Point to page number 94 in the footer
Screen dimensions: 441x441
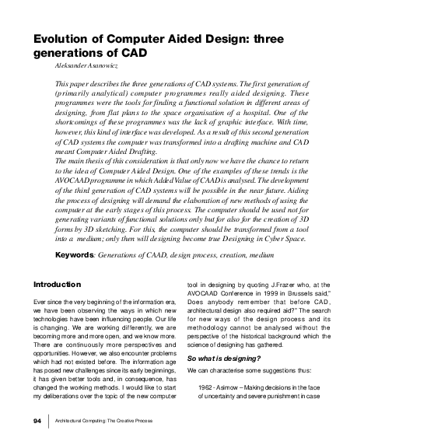[x=37, y=421]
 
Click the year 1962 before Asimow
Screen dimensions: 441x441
[x=206, y=387]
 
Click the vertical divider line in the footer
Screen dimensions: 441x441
[x=48, y=421]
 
